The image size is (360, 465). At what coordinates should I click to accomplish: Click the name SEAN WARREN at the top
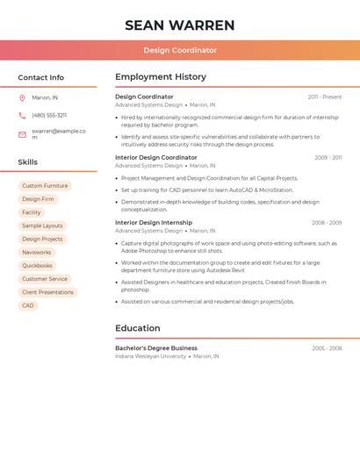[x=180, y=25]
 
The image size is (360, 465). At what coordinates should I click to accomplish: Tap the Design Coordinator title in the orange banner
[x=180, y=50]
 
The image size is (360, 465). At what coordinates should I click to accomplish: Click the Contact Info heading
[x=40, y=77]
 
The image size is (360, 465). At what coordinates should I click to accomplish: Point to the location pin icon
[x=22, y=98]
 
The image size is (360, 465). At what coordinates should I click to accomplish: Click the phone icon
[x=22, y=115]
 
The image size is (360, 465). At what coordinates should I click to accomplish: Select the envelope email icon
[x=22, y=134]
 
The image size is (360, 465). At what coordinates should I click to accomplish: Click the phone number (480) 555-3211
[x=49, y=115]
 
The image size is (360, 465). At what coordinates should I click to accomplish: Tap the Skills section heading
[x=28, y=162]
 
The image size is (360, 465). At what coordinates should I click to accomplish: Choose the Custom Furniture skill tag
[x=45, y=186]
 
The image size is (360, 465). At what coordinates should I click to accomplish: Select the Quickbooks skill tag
[x=37, y=266]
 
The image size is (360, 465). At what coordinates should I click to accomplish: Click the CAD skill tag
[x=28, y=305]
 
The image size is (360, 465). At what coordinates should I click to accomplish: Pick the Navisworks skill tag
[x=37, y=253]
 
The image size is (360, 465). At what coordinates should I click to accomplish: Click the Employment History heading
[x=161, y=77]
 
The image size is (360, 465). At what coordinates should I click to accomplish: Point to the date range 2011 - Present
[x=324, y=97]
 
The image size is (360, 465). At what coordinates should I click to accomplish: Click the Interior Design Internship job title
[x=154, y=223]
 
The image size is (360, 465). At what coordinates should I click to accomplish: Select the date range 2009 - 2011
[x=328, y=158]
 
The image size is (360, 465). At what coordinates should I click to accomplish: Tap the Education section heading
[x=138, y=328]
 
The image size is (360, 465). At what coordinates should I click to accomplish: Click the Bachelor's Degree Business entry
[x=156, y=348]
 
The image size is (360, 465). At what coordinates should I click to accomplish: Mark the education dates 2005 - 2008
[x=327, y=348]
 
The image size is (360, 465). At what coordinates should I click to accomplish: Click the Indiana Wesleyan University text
[x=151, y=356]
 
